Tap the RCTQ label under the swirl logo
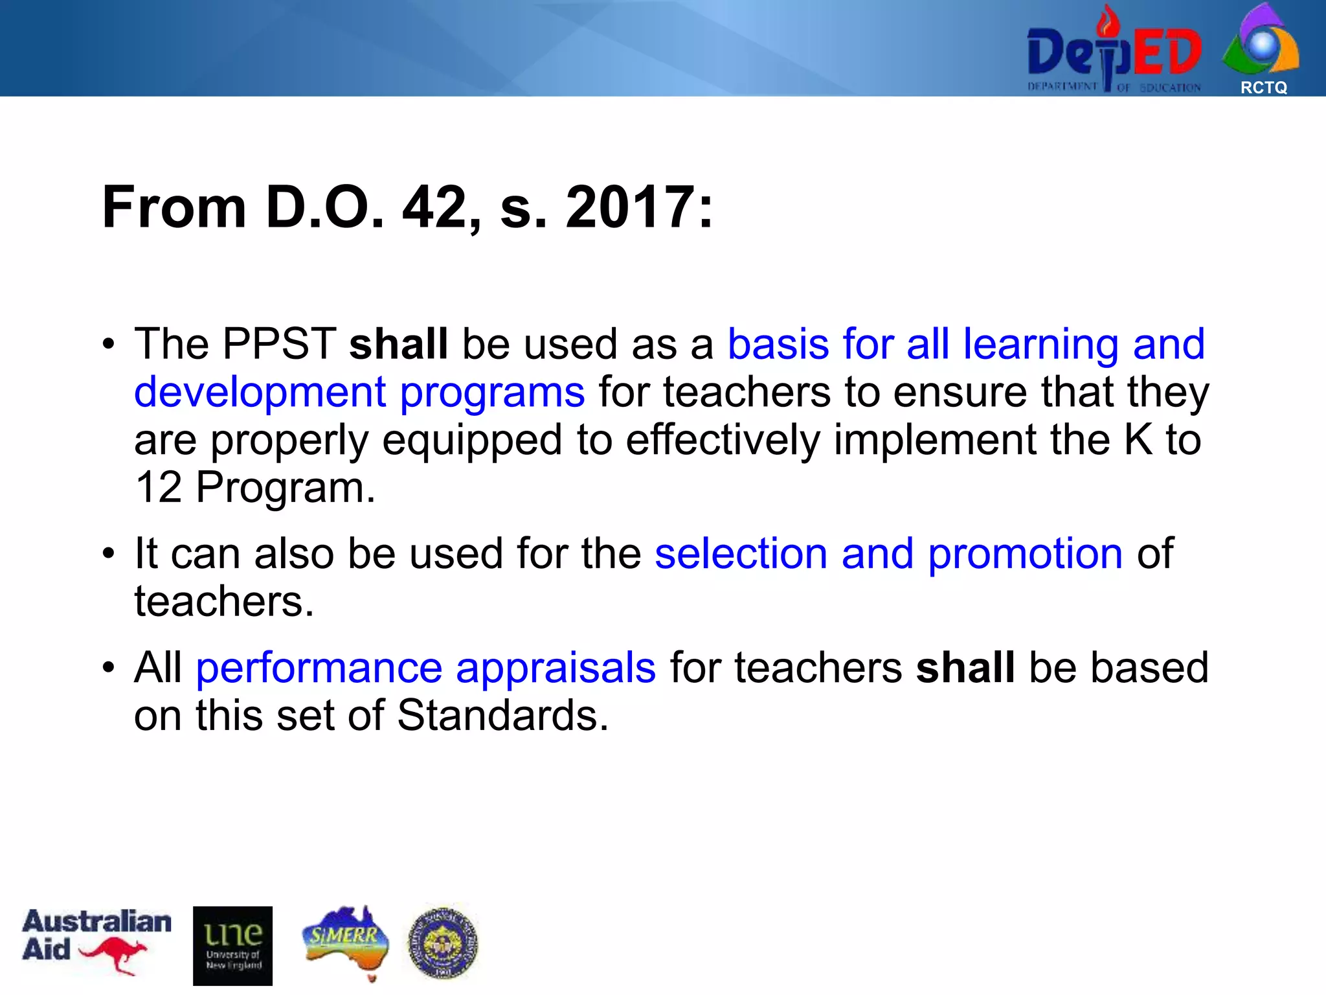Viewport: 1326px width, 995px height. tap(1263, 87)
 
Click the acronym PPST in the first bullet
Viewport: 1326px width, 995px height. tap(279, 343)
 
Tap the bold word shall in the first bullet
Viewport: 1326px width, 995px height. tap(398, 343)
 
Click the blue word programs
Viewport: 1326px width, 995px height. tap(492, 393)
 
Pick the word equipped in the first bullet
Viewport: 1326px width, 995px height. tap(472, 440)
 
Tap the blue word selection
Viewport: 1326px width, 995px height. tap(741, 554)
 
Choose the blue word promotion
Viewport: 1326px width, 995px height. tap(1025, 554)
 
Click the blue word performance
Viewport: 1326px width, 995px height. tap(319, 668)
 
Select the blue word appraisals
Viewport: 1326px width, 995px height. tap(556, 668)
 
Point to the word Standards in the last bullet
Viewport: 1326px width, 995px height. tap(502, 716)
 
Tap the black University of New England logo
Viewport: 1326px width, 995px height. tap(232, 945)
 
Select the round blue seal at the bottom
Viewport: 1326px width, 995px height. tap(443, 943)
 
